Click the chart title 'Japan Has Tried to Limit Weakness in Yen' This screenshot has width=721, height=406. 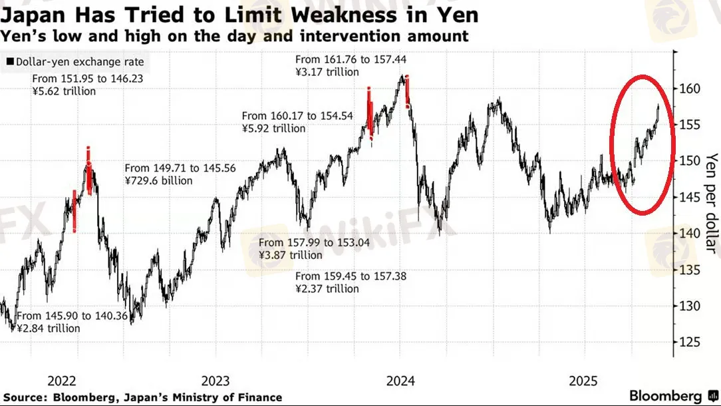point(239,14)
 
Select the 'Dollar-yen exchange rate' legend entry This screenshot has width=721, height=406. point(78,63)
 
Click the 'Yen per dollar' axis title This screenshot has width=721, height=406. point(711,203)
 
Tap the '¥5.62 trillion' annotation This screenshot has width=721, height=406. point(64,91)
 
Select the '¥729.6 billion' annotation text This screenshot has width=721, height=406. point(158,180)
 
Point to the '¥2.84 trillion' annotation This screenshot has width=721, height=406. point(48,329)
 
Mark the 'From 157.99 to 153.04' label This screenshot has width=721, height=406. point(314,242)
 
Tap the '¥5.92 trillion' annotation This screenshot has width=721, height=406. point(273,128)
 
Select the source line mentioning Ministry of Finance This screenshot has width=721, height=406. point(143,397)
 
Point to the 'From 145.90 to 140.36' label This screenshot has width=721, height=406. point(72,316)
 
